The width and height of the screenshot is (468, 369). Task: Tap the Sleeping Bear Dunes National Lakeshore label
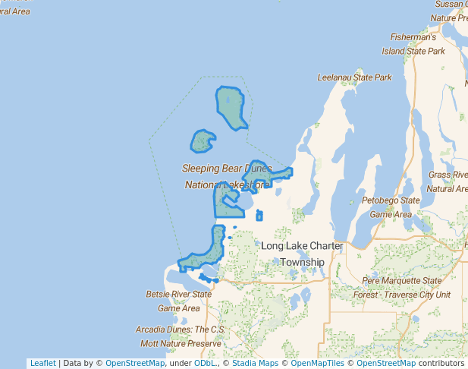(227, 176)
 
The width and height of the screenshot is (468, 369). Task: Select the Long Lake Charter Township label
(302, 254)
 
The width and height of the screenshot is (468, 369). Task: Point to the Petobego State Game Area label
(390, 207)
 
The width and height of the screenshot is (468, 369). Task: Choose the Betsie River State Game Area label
(178, 301)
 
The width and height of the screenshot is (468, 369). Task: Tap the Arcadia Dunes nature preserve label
(179, 336)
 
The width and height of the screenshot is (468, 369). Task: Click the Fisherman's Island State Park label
(413, 44)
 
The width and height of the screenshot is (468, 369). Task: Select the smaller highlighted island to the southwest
(202, 141)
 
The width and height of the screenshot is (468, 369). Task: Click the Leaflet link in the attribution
(42, 363)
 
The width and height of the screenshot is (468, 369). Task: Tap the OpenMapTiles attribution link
(318, 363)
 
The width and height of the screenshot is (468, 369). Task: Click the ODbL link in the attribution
(204, 363)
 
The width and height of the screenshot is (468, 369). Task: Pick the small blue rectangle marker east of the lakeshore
(259, 216)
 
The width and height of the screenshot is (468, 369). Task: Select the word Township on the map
(302, 262)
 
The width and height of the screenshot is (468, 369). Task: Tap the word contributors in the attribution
(441, 363)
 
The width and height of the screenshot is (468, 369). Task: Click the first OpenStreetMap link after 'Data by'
(135, 363)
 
